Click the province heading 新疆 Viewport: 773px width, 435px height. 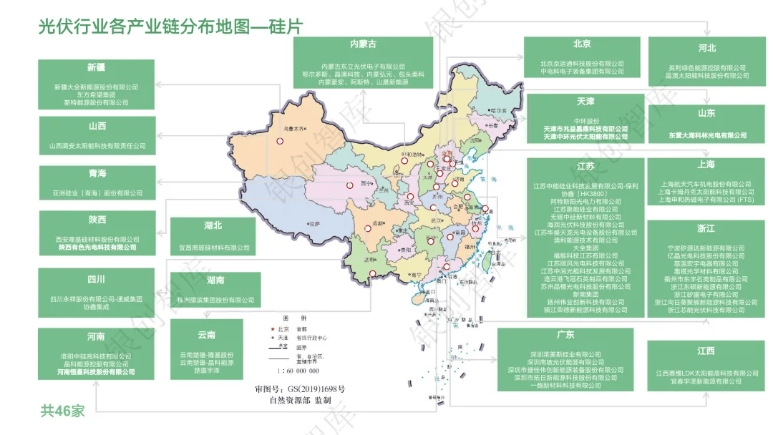pyautogui.click(x=96, y=67)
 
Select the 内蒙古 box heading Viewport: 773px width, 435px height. pyautogui.click(x=363, y=44)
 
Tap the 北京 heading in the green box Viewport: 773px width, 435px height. pyautogui.click(x=582, y=44)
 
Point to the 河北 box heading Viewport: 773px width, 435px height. pyautogui.click(x=706, y=48)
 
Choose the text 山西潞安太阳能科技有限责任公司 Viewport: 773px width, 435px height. pyautogui.click(x=97, y=145)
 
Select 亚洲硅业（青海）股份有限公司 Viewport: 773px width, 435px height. pyautogui.click(x=97, y=192)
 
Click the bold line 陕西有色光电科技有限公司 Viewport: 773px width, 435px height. pyautogui.click(x=97, y=248)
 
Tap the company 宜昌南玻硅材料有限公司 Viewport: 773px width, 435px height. pyautogui.click(x=214, y=248)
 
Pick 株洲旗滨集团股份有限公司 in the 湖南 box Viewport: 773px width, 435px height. pyautogui.click(x=215, y=300)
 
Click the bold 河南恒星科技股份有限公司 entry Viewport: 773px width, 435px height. pyautogui.click(x=96, y=372)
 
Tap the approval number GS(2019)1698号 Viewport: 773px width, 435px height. pyautogui.click(x=310, y=389)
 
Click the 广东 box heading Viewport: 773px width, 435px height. pyautogui.click(x=565, y=334)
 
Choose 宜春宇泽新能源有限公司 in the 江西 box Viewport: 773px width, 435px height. pyautogui.click(x=706, y=381)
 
